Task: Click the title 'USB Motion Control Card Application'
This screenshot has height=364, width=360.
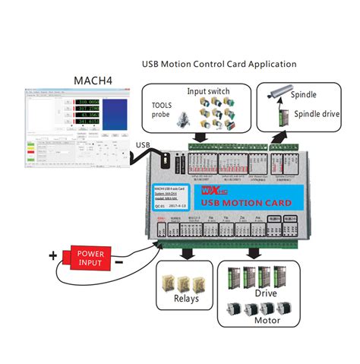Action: tap(219, 64)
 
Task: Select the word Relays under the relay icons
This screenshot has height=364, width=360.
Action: tap(186, 298)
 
